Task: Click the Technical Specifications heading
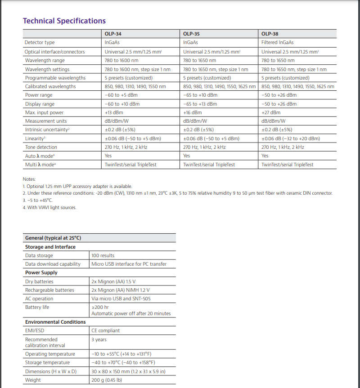pos(64,21)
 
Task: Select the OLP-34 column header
pos(112,34)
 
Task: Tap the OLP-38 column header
pos(270,34)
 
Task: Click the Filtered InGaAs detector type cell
pos(277,43)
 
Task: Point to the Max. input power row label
pos(44,112)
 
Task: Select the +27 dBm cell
pos(270,112)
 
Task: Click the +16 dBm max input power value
pos(193,112)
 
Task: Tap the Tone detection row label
pos(41,147)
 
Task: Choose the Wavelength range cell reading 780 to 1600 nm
pos(121,60)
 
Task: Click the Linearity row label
pos(35,138)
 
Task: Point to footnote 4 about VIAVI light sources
pos(49,207)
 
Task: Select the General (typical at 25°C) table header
pos(53,238)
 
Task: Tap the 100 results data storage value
pos(103,255)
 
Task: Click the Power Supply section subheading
pos(41,272)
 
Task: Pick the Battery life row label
pos(37,307)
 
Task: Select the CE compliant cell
pos(105,330)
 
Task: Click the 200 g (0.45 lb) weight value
pos(106,380)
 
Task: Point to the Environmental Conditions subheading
pos(55,322)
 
